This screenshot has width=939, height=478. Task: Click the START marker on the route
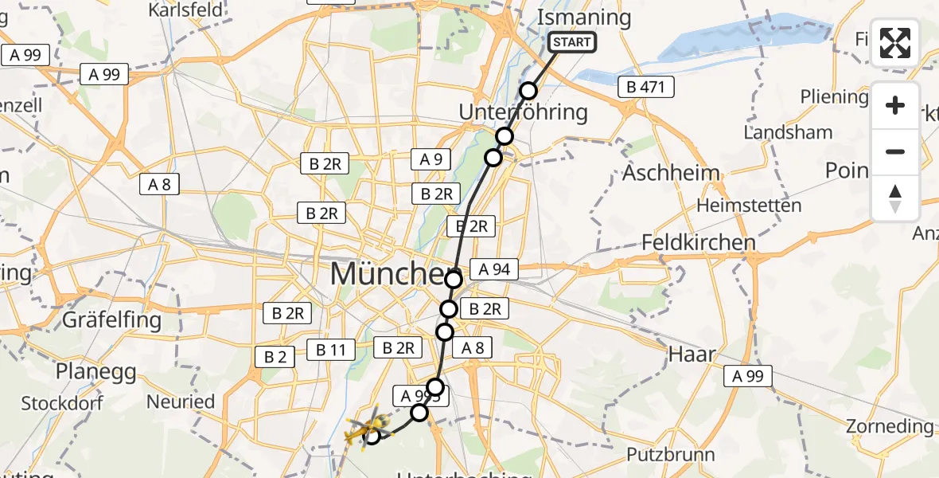click(572, 42)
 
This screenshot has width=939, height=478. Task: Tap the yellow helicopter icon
click(364, 428)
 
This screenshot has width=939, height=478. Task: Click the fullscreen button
click(895, 43)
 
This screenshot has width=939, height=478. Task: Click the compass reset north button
click(895, 198)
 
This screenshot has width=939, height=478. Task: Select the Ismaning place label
click(584, 18)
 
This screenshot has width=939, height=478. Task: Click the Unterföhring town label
click(524, 112)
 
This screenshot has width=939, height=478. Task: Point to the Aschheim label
click(671, 173)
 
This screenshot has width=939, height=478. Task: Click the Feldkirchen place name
click(699, 242)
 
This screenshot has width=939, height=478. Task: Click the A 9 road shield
click(431, 159)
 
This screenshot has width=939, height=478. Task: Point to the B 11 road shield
click(329, 349)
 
